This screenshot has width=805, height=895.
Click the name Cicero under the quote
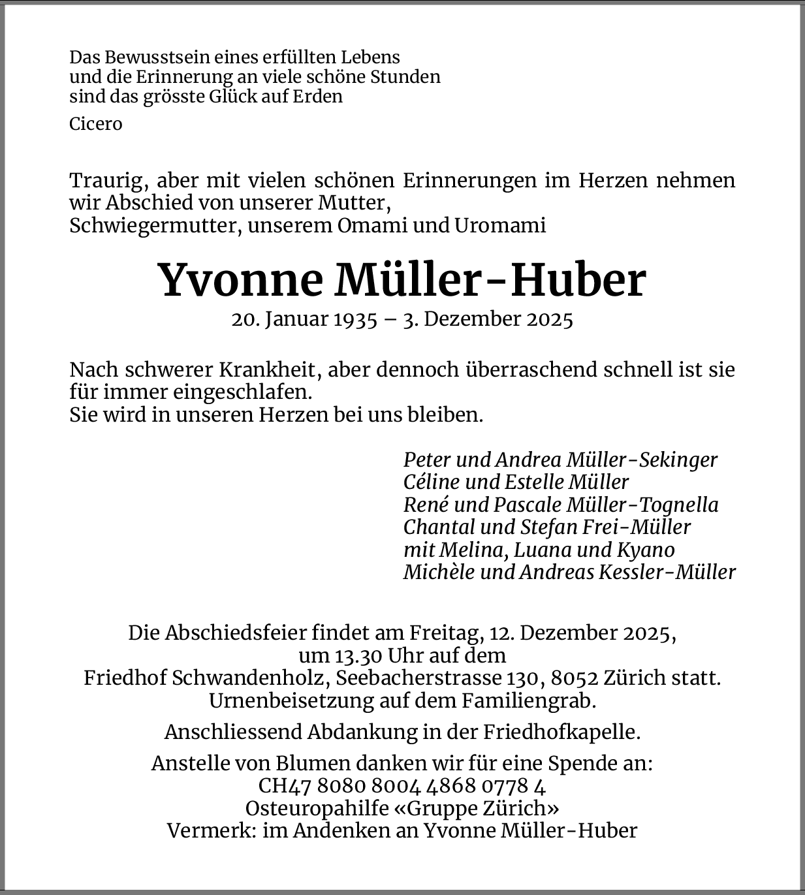tap(95, 124)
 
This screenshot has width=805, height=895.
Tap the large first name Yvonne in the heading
tap(241, 280)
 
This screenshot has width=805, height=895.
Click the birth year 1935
tap(356, 319)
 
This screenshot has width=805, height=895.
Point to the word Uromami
tap(500, 225)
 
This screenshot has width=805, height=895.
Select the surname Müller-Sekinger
tap(642, 460)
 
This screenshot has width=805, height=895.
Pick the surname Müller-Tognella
tap(642, 505)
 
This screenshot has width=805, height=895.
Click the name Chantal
tap(438, 527)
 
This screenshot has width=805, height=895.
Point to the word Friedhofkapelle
tap(561, 732)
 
